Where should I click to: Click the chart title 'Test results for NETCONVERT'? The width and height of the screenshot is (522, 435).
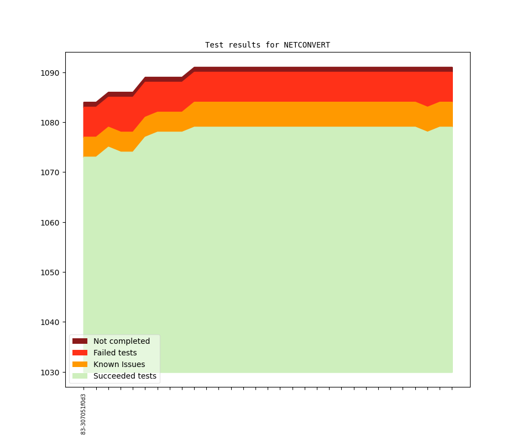(268, 45)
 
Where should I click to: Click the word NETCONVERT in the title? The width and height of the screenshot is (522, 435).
(307, 45)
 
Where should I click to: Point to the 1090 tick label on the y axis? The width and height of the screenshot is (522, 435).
(50, 73)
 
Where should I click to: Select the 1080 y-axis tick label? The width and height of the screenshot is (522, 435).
(50, 123)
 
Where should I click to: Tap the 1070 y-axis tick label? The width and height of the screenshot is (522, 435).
(50, 172)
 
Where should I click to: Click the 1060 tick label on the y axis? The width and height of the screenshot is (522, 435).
(50, 223)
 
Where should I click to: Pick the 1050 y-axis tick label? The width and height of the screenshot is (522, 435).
(50, 272)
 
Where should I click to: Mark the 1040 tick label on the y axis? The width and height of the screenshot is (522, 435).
(50, 322)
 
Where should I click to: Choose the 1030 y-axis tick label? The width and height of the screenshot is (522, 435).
(50, 373)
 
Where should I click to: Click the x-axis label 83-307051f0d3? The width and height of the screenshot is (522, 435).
(83, 414)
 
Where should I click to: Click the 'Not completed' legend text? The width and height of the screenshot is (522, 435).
(122, 341)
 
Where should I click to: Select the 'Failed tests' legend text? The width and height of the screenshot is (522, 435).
(115, 353)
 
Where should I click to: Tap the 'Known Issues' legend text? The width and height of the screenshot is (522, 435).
(119, 364)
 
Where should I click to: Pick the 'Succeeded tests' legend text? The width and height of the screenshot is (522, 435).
(125, 376)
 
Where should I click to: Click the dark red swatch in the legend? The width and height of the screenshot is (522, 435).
(80, 341)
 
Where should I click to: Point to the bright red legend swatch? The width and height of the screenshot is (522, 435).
(80, 353)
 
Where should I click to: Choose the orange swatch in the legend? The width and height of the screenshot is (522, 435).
(80, 364)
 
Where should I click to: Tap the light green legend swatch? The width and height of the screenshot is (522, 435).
(80, 376)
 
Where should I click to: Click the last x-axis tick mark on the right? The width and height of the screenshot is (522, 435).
(452, 388)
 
